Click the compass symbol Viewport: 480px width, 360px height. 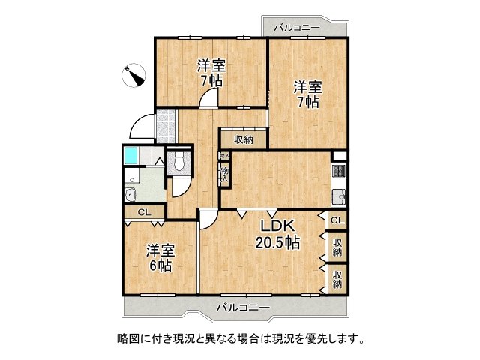point(133,76)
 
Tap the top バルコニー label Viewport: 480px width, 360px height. point(297,28)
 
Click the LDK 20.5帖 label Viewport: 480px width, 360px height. point(280,234)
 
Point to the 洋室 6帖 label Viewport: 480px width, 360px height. point(160,257)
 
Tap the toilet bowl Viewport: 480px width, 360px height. point(179,161)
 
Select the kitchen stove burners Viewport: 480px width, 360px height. point(337,173)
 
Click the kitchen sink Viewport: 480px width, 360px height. point(338,198)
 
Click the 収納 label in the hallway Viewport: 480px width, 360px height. point(243,139)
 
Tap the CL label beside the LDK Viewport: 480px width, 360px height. point(337,220)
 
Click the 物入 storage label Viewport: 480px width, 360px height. point(223,174)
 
